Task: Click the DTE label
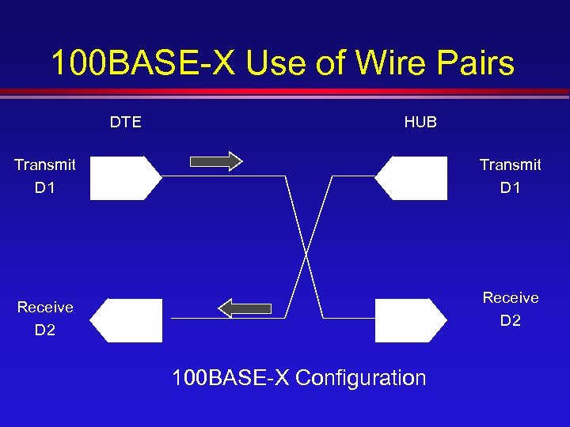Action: pyautogui.click(x=126, y=123)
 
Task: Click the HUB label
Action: pyautogui.click(x=420, y=123)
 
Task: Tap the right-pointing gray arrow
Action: pyautogui.click(x=216, y=161)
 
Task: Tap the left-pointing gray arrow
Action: pyautogui.click(x=245, y=308)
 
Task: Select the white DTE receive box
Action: pyautogui.click(x=126, y=320)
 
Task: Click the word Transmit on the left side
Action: pyautogui.click(x=45, y=164)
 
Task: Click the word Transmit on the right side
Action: pyautogui.click(x=511, y=164)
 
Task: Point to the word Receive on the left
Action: pyautogui.click(x=45, y=307)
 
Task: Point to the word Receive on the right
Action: pyautogui.click(x=511, y=297)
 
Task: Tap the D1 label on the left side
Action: pyautogui.click(x=45, y=189)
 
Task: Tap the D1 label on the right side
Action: pyautogui.click(x=511, y=189)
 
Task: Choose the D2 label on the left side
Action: pyautogui.click(x=45, y=331)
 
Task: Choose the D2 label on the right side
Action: pyautogui.click(x=511, y=321)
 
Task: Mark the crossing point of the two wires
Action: pyautogui.click(x=306, y=253)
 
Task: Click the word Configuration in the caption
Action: pyautogui.click(x=360, y=378)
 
